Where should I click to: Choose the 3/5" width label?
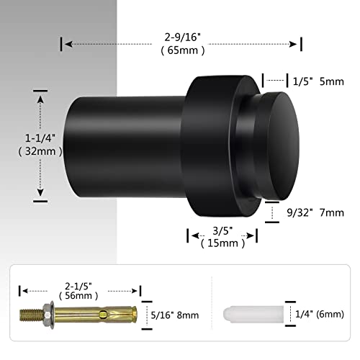(x=223, y=231)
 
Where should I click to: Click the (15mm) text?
(x=223, y=244)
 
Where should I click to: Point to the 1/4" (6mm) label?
(x=318, y=313)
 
